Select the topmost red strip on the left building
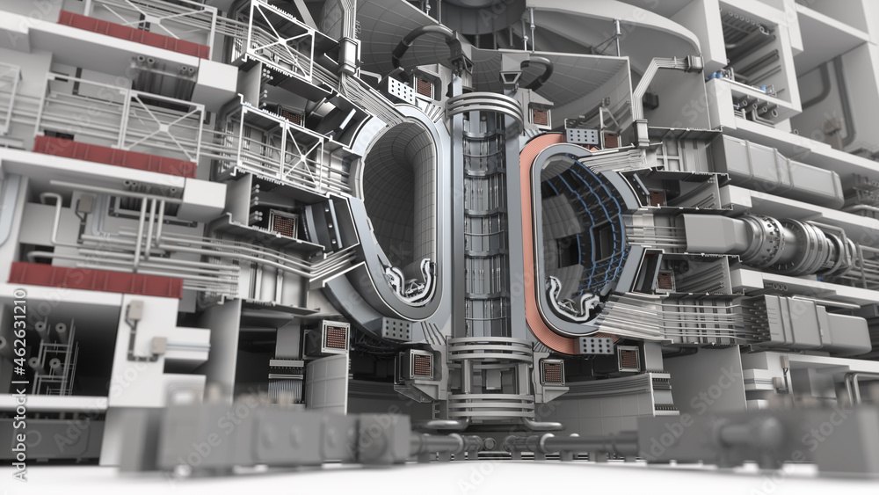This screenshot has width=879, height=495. [x=133, y=34]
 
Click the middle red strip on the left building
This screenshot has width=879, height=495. [x=114, y=157]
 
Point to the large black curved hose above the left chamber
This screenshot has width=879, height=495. [x=427, y=40]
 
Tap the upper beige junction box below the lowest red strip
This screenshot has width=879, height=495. [x=134, y=310]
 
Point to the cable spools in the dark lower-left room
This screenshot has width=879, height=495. [x=48, y=352]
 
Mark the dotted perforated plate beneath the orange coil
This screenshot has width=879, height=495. [x=597, y=345]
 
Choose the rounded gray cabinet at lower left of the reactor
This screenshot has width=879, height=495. [x=326, y=382]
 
